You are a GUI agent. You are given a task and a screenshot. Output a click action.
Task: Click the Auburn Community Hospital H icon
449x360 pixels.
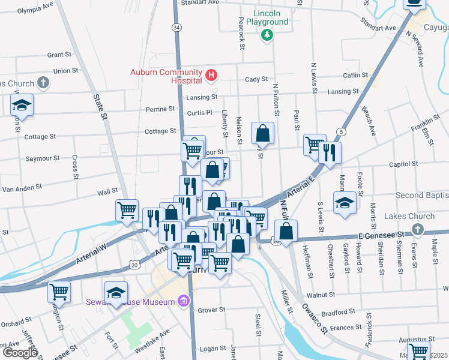tap(211, 75)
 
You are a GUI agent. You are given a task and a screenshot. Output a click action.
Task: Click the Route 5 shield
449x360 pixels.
tap(342, 131)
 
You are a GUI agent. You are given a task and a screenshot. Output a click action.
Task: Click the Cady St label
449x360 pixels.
tap(256, 79)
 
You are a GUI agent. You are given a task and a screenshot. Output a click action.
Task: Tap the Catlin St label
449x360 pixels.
tap(355, 75)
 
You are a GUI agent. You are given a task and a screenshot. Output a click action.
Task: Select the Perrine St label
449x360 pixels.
tap(160, 109)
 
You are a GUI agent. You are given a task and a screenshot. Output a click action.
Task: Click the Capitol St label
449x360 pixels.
tap(403, 164)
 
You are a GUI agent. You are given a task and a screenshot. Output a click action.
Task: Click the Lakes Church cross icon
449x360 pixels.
tap(418, 229)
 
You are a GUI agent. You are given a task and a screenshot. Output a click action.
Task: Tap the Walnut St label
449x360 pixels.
tap(320, 295)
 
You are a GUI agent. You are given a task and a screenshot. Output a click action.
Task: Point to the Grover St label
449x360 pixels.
tap(211, 310)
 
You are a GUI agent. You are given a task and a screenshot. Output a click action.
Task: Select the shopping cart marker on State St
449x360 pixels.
tap(127, 210)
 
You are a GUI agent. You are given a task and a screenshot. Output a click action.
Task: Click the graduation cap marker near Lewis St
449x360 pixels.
tap(345, 202)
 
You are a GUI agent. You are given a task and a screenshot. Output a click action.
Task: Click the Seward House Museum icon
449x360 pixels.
tap(184, 301)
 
